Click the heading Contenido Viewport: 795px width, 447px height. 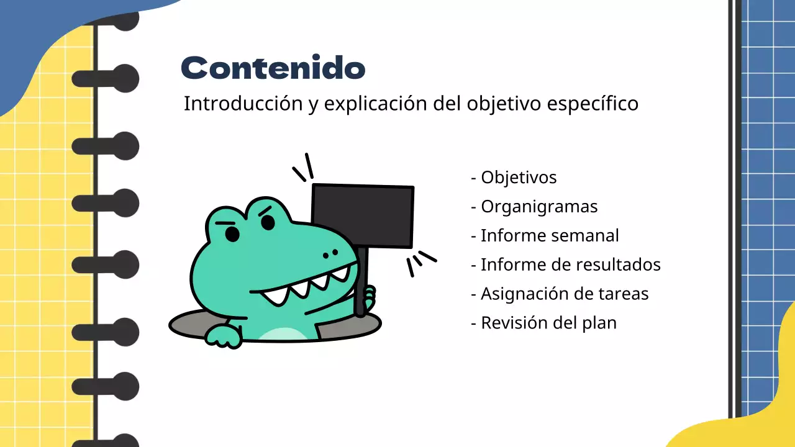tap(273, 68)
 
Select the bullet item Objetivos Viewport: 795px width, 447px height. tap(519, 178)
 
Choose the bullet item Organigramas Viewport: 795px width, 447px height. tap(539, 207)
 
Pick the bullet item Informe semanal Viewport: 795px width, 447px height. tap(550, 236)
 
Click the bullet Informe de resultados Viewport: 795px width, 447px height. tap(570, 265)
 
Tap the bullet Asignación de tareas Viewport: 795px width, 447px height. tap(564, 294)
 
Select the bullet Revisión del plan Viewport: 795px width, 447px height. tap(548, 323)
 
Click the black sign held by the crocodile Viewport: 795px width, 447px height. tap(363, 216)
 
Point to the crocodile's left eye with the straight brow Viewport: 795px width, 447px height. tap(232, 234)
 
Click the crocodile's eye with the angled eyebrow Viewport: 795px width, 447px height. tap(268, 222)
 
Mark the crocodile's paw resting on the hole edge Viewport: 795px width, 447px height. tap(222, 336)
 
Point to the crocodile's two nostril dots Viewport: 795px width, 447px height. tap(330, 253)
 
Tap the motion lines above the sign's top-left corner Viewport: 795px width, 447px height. tap(303, 168)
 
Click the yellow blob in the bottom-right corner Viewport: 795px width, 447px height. tap(745, 422)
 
